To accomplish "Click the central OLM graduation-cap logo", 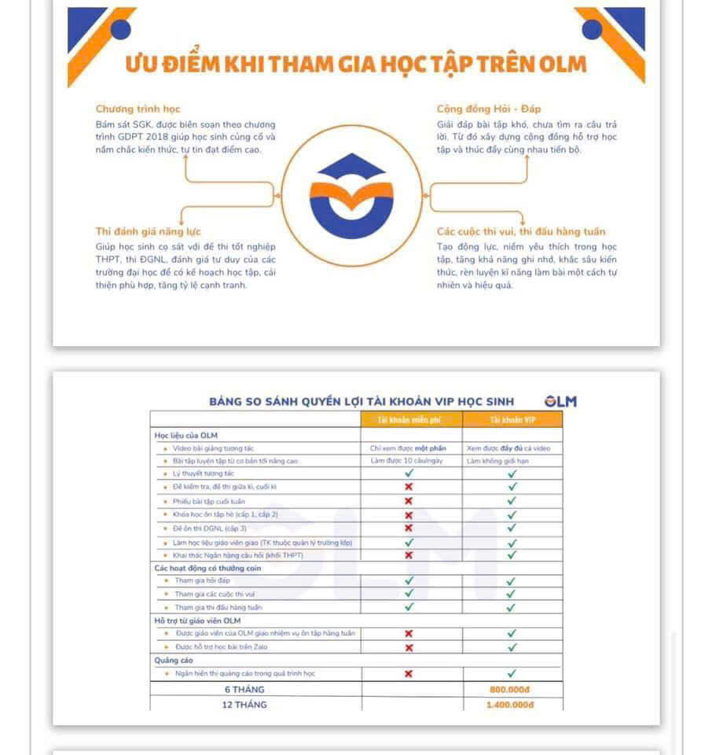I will click(350, 193).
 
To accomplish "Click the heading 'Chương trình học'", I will click(138, 109).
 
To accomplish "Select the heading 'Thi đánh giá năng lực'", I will click(148, 231).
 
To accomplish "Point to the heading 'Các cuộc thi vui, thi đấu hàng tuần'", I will click(521, 231).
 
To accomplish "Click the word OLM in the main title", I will click(563, 64).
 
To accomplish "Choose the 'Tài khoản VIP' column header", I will click(512, 420).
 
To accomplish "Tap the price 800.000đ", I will click(511, 690).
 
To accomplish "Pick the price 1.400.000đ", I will click(511, 705).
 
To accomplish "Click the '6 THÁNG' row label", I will click(245, 690).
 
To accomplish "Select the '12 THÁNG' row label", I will click(245, 705).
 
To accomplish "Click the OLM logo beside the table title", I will click(561, 401).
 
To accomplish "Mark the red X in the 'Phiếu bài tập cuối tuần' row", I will click(409, 500).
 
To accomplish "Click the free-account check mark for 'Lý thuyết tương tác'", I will click(409, 473).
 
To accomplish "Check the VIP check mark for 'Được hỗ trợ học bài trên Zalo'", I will click(512, 647).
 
